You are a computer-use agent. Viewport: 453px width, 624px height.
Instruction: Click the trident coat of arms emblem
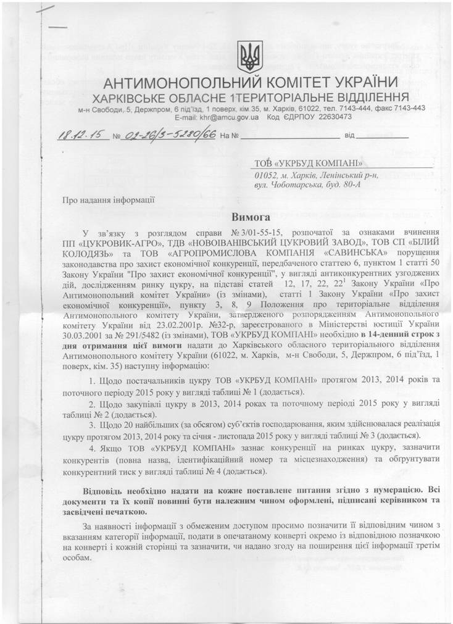point(250,56)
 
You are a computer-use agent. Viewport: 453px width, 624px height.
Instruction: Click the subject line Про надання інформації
point(104,199)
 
